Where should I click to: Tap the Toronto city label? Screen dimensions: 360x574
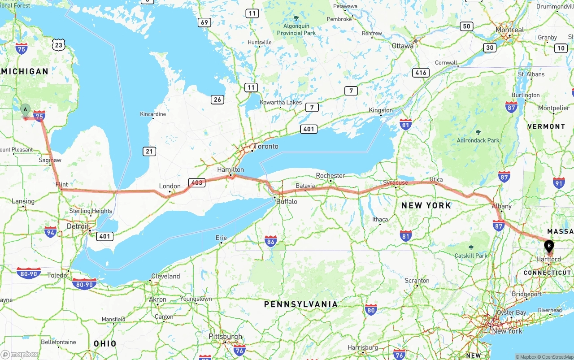(x=266, y=147)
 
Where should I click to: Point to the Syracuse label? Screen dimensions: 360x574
(x=396, y=182)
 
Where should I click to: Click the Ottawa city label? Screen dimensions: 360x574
(x=402, y=46)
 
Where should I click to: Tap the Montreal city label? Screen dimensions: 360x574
(x=509, y=30)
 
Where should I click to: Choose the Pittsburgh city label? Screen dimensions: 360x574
(x=225, y=336)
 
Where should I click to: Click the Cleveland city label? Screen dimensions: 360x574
(x=165, y=276)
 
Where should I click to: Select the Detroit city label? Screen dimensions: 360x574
(x=78, y=226)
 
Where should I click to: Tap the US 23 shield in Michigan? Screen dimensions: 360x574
(x=58, y=44)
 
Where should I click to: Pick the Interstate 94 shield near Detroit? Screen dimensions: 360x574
(x=51, y=232)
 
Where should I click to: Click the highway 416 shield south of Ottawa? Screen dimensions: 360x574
(x=421, y=73)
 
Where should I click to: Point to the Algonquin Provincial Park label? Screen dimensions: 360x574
(x=296, y=30)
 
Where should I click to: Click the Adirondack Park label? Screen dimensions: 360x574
(x=478, y=140)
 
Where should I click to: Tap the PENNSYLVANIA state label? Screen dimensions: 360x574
(x=300, y=304)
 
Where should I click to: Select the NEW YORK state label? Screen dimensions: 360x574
(x=426, y=205)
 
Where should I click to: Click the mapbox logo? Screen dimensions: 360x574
(x=20, y=354)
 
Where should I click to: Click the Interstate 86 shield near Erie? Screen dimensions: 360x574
(x=271, y=241)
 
